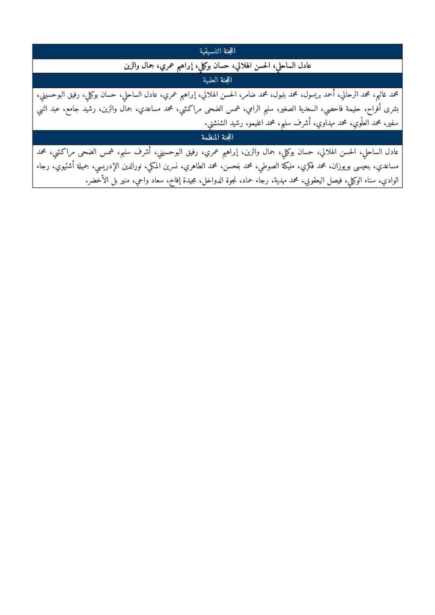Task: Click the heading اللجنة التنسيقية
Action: coord(218,50)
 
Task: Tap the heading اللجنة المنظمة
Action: coord(218,138)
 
